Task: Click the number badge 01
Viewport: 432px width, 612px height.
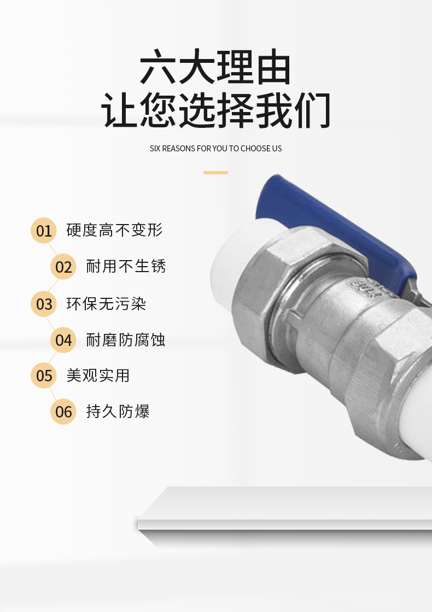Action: [44, 230]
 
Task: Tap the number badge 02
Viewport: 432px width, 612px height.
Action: [63, 267]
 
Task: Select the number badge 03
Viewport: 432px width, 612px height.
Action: [44, 304]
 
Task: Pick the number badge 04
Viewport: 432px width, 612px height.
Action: [63, 340]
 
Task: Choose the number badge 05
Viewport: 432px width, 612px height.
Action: [44, 375]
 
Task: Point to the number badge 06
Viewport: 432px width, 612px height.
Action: [63, 411]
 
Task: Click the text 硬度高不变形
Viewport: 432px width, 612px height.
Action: [114, 230]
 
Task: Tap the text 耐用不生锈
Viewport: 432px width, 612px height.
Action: [126, 266]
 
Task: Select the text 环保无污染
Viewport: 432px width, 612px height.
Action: [106, 304]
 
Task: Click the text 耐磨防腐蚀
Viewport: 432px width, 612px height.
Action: [126, 340]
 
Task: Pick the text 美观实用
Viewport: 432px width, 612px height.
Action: [98, 375]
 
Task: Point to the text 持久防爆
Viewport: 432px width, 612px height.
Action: [118, 411]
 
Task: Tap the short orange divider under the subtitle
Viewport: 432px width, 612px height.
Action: [215, 173]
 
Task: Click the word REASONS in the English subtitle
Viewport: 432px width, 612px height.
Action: [179, 149]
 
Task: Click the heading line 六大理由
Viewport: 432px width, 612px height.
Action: [215, 67]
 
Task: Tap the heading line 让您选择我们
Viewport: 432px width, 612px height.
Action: [215, 110]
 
